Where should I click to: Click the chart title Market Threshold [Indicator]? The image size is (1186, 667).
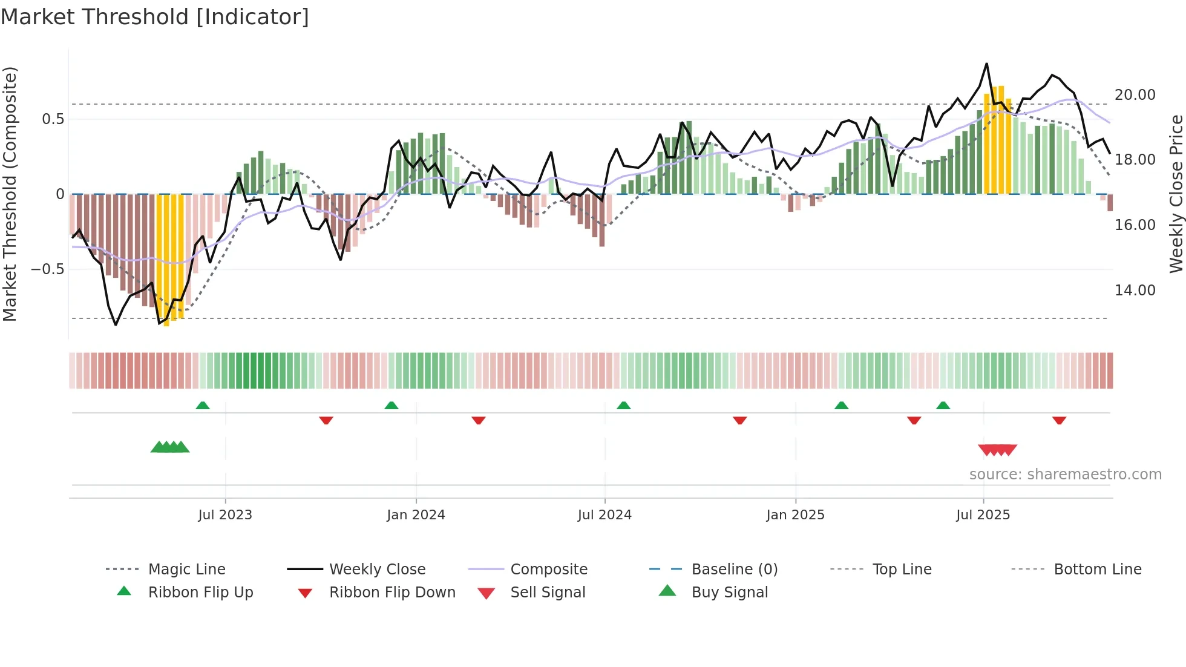pyautogui.click(x=155, y=17)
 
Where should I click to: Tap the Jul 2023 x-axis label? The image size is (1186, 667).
pyautogui.click(x=225, y=514)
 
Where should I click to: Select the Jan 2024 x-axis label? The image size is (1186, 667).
pyautogui.click(x=416, y=514)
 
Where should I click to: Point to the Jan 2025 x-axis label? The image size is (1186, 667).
pyautogui.click(x=795, y=514)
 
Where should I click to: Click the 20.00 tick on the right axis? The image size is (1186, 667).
pyautogui.click(x=1135, y=95)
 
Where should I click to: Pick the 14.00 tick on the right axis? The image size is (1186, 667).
pyautogui.click(x=1135, y=291)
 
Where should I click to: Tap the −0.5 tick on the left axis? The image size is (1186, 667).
pyautogui.click(x=47, y=269)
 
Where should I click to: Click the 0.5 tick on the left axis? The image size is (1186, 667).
pyautogui.click(x=53, y=119)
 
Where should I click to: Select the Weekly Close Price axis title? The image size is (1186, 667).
pyautogui.click(x=1176, y=194)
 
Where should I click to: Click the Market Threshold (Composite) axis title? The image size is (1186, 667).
pyautogui.click(x=10, y=194)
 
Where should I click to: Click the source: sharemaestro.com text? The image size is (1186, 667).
pyautogui.click(x=1065, y=474)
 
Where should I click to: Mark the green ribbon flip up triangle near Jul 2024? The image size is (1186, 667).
pyautogui.click(x=623, y=406)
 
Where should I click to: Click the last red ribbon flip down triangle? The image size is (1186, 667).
pyautogui.click(x=1059, y=420)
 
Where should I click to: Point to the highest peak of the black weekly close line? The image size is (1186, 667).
pyautogui.click(x=986, y=64)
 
